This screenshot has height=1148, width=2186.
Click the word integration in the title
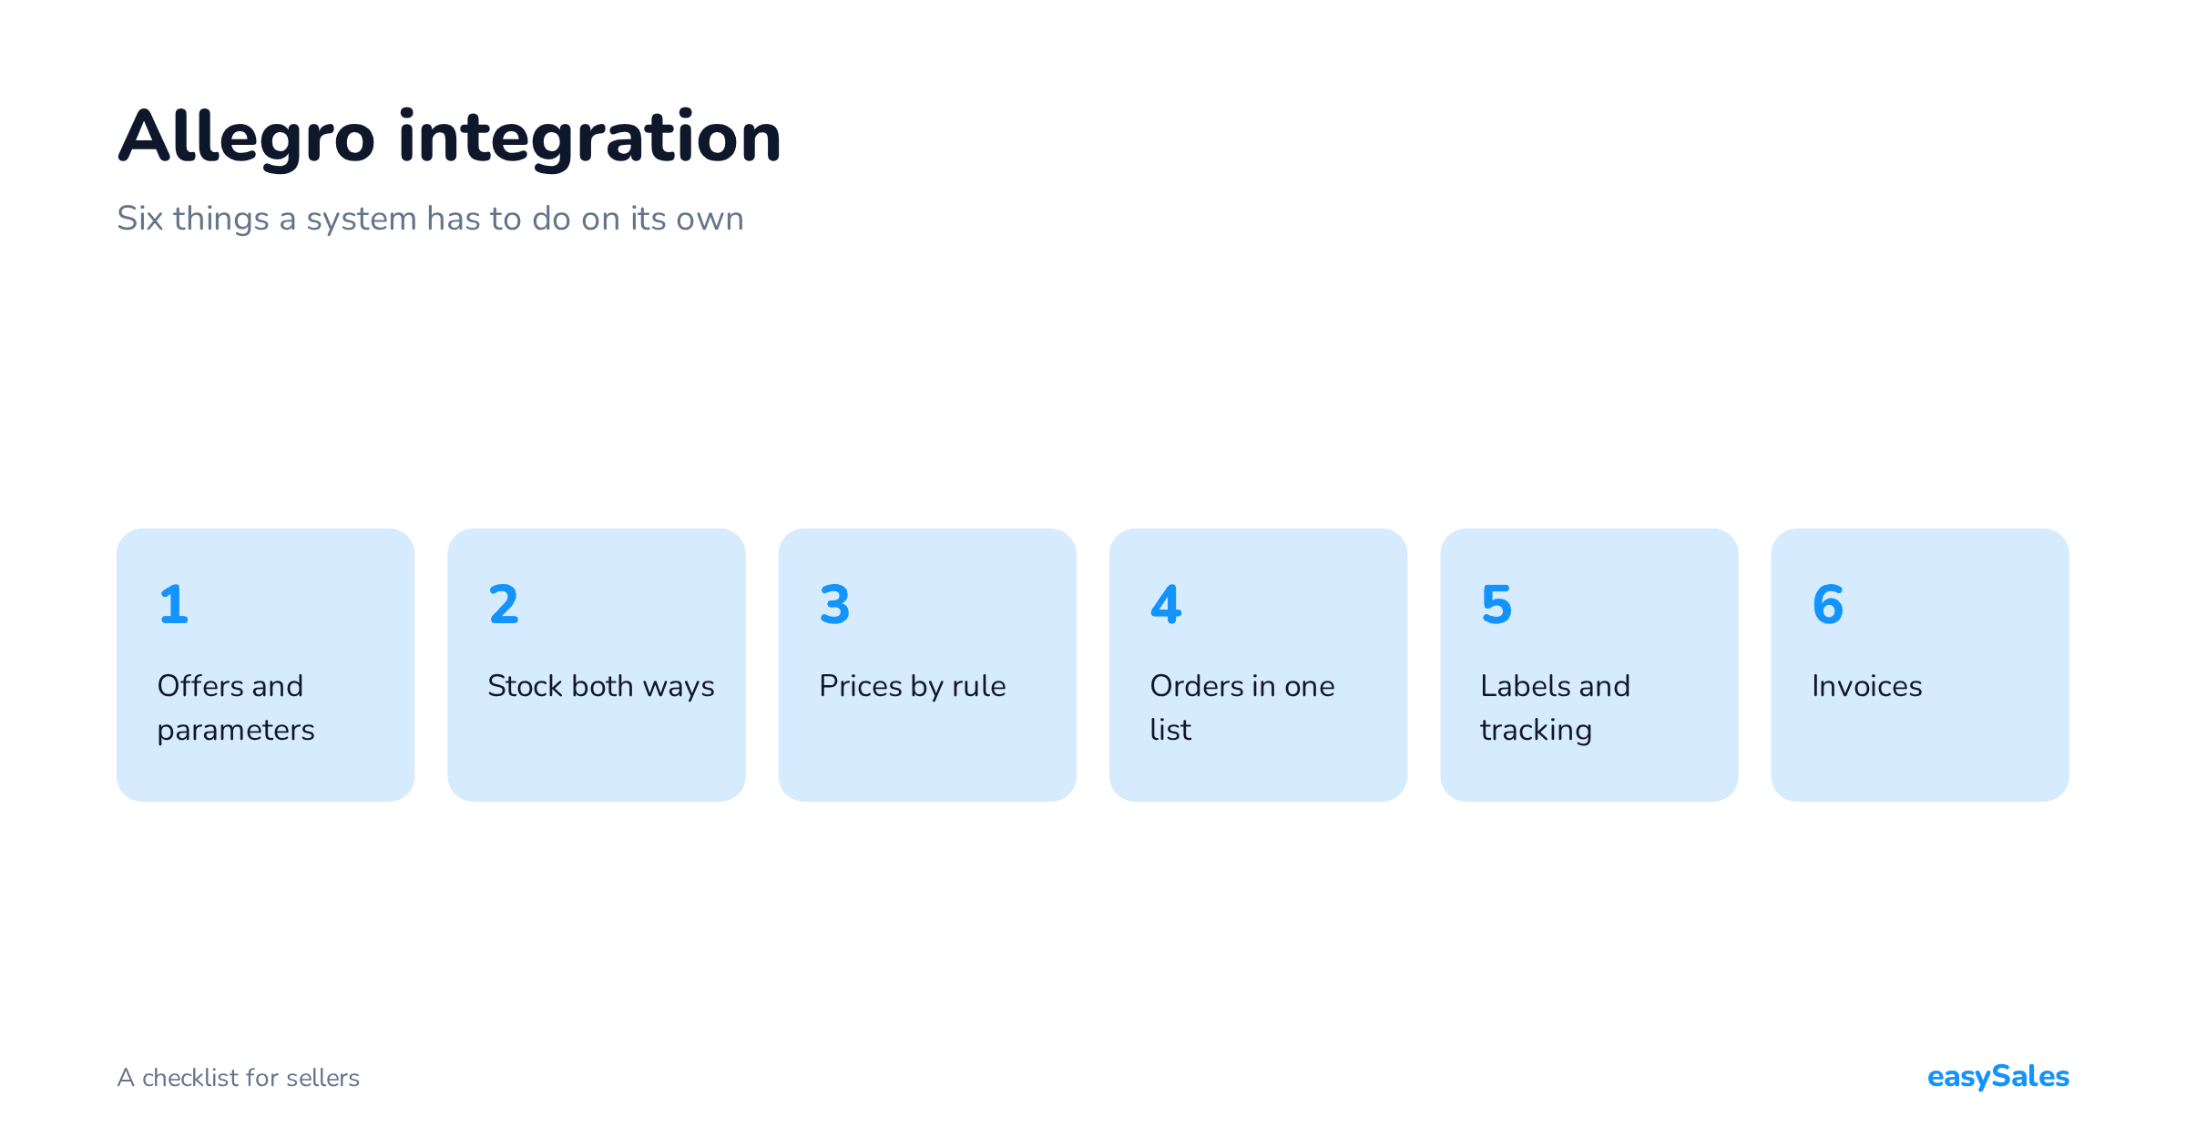coord(589,137)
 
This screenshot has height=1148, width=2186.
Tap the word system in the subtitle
coord(362,221)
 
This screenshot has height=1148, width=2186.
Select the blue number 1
coord(173,604)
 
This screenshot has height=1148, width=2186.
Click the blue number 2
coord(504,604)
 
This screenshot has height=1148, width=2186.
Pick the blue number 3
coord(834,604)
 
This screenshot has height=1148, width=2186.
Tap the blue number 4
coord(1166,604)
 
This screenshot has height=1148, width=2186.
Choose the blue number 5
coord(1496,604)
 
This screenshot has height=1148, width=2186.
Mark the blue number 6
coord(1828,604)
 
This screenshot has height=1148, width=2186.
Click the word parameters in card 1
coord(236,732)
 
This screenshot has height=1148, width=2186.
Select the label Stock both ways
coord(601,687)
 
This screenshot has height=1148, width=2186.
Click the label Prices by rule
coord(913,687)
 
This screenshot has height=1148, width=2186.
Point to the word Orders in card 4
coord(1196,686)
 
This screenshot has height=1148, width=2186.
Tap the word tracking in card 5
coord(1537,731)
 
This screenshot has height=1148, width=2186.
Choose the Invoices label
coord(1867,686)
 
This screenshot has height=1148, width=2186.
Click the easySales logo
coord(1998,1077)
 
